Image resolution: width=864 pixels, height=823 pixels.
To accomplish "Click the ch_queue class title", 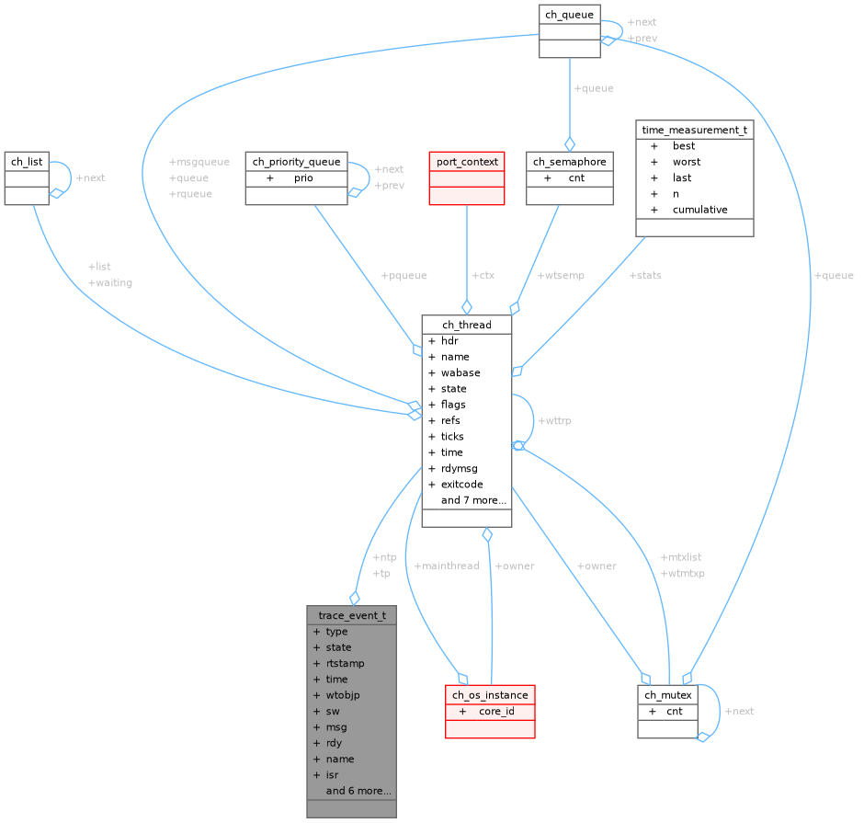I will tap(569, 14).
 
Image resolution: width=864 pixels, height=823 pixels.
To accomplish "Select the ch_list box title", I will tap(27, 162).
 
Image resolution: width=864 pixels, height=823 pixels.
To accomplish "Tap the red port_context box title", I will tap(467, 162).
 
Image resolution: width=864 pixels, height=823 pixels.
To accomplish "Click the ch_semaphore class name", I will tap(569, 162).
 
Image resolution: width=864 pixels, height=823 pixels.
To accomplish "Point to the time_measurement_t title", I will tap(694, 131).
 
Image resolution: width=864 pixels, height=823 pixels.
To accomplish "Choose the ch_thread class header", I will tap(466, 325).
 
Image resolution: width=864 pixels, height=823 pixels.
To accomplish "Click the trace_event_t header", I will tap(351, 615).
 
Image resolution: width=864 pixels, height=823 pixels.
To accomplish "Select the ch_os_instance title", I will tap(490, 695).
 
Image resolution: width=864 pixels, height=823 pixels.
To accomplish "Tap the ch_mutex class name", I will tap(667, 695).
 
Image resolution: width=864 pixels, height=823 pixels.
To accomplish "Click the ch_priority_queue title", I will tap(296, 162).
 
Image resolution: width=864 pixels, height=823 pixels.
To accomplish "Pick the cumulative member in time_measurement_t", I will tap(699, 210).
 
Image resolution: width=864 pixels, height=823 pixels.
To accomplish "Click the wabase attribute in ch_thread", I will tap(460, 372).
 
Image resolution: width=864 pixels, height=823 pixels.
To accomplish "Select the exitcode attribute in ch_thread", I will tap(461, 485).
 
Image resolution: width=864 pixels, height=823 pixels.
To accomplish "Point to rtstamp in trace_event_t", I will tap(345, 663).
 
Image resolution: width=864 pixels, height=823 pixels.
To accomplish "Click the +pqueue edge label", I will tap(404, 275).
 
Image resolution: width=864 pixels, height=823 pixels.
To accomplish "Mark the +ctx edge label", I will tap(483, 275).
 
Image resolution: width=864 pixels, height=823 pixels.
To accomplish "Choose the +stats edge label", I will tap(645, 275).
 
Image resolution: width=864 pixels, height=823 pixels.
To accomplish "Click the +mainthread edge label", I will tap(447, 566).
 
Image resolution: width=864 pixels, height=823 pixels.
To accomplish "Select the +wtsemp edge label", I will tap(561, 275).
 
